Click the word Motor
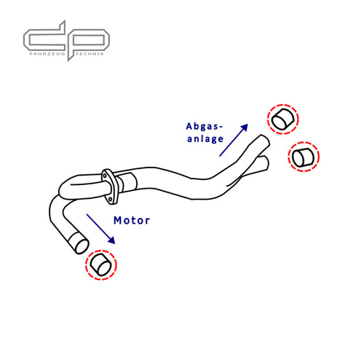point(132,220)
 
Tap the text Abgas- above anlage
point(204,126)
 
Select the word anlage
point(205,138)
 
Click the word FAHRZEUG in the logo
point(47,54)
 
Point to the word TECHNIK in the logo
point(90,54)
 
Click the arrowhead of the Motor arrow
point(111,240)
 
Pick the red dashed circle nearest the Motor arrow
point(101,265)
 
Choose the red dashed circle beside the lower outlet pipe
point(304,157)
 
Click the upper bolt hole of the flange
point(105,175)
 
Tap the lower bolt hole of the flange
point(110,199)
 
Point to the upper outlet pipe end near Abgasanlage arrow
point(265,140)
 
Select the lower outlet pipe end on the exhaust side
point(266,163)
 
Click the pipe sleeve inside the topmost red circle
point(282,119)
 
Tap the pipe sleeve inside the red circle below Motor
point(101,265)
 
